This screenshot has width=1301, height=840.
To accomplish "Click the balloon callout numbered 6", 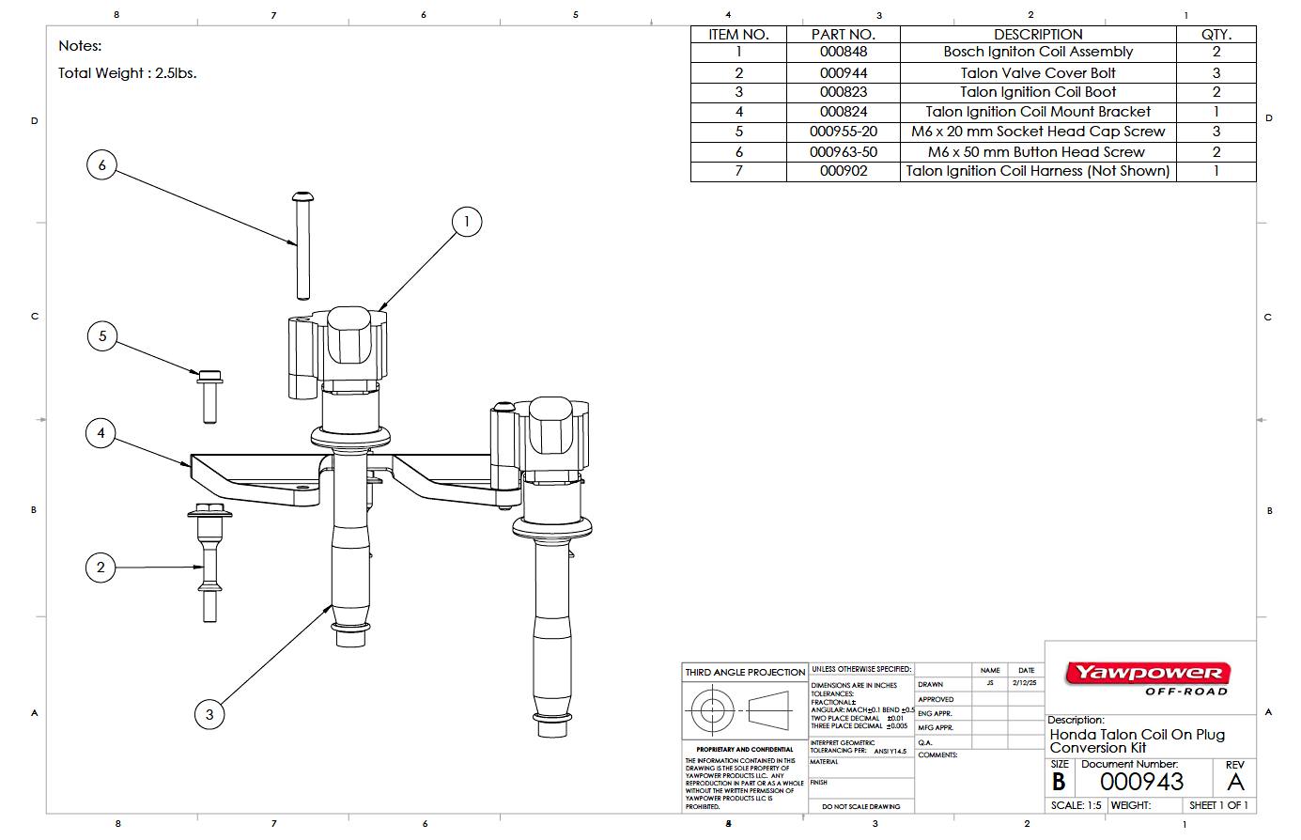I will pos(102,165).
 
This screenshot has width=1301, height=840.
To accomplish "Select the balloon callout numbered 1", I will pos(467,223).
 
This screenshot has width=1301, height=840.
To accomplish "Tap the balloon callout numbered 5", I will pos(102,336).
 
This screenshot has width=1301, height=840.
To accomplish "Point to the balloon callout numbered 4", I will pos(101,433).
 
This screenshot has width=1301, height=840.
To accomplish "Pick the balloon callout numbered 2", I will pos(101,567).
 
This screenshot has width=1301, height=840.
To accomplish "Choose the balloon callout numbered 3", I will pos(209,714).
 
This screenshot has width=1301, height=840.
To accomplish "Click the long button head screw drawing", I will pos(302,244).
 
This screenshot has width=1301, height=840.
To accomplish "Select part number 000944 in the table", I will pos(843,72).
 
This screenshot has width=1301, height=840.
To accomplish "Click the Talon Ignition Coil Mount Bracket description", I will pos(1037,112).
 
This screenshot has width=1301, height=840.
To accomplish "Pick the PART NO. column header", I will pos(843,34).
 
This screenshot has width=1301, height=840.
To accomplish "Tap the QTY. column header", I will pos(1216,34).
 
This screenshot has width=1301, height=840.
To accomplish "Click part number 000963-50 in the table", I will pos(843,151).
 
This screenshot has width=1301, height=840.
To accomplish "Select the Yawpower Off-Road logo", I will pos(1147,677).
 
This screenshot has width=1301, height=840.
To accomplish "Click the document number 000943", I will pos(1141,782).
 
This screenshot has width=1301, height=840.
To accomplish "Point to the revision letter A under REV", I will pos(1235,782).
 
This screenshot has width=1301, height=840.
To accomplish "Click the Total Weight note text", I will pos(127,72).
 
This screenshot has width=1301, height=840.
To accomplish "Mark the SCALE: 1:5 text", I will pos(1076,805).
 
